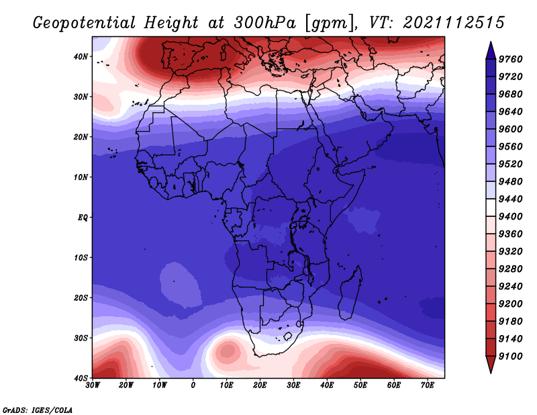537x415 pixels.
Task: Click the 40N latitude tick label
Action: pyautogui.click(x=81, y=56)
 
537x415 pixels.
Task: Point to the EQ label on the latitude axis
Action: pyautogui.click(x=83, y=218)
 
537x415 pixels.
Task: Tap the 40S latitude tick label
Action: pyautogui.click(x=81, y=378)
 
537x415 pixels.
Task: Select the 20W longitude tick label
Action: pyautogui.click(x=126, y=385)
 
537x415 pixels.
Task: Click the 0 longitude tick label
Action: pyautogui.click(x=193, y=385)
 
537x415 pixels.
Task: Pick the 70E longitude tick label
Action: pyautogui.click(x=427, y=385)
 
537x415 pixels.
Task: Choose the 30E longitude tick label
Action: pyautogui.click(x=293, y=385)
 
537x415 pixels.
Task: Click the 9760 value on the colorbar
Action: pyautogui.click(x=510, y=59)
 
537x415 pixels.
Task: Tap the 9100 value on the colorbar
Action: pyautogui.click(x=510, y=357)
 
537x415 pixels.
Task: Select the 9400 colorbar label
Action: pyautogui.click(x=510, y=217)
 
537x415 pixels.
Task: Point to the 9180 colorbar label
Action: pyautogui.click(x=510, y=322)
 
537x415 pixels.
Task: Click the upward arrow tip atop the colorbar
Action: pyautogui.click(x=491, y=42)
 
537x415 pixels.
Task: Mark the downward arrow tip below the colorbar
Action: pyautogui.click(x=491, y=373)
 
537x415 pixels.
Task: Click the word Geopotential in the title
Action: pyautogui.click(x=85, y=23)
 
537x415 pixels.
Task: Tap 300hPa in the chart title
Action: pyautogui.click(x=264, y=22)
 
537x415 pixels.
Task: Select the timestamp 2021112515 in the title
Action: pyautogui.click(x=454, y=22)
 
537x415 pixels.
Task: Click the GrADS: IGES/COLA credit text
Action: pyautogui.click(x=38, y=410)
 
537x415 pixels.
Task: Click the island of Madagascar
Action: pyautogui.click(x=350, y=293)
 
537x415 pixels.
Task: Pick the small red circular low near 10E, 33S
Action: pyautogui.click(x=228, y=351)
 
